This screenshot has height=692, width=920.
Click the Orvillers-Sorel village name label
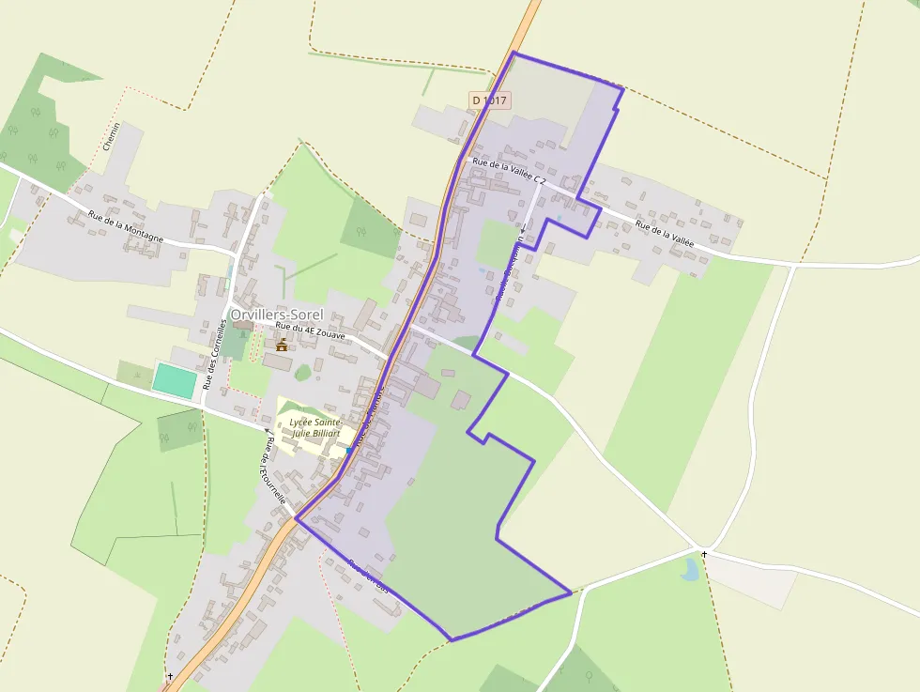coord(276,315)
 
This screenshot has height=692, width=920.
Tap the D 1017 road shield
coord(489,100)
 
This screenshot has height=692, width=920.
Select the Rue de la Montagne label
coord(126,226)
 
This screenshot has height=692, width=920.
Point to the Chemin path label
coord(112,137)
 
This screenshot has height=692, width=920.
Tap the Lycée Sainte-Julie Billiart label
coord(315,429)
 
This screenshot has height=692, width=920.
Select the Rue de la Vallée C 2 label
coord(510,169)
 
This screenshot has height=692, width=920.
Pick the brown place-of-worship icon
coord(282,345)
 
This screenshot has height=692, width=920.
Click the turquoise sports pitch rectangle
coord(176,379)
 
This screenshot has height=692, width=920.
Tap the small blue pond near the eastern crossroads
coord(691,568)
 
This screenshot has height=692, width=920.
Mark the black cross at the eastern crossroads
coord(704,555)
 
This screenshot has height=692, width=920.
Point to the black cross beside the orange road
coord(170,676)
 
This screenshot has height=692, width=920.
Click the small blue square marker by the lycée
coord(349,451)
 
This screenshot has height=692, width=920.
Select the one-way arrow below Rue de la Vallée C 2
coord(524,227)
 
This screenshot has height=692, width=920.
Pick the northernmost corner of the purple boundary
coord(514,53)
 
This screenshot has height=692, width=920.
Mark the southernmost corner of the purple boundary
coord(452,640)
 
